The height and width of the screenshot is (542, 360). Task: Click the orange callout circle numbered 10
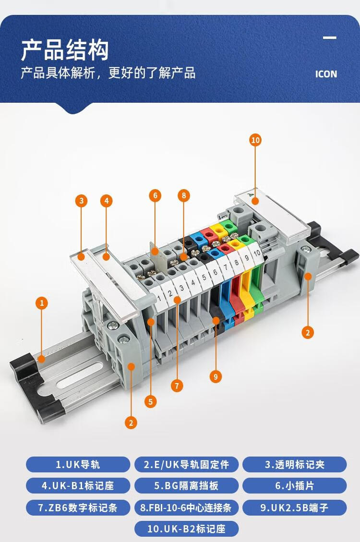click(255, 140)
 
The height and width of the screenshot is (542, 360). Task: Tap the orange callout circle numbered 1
click(42, 303)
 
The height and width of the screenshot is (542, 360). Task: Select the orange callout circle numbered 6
click(155, 196)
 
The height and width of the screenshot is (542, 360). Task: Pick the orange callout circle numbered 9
click(216, 376)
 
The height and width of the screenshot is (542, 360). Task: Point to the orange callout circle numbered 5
click(150, 402)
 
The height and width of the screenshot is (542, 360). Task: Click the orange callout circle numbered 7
click(177, 386)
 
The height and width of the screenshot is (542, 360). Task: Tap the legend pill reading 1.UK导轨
click(78, 464)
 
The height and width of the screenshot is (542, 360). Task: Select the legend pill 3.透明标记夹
click(295, 464)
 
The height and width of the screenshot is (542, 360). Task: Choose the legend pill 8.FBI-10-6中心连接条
click(186, 507)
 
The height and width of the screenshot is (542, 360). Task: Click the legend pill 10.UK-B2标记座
click(186, 529)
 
